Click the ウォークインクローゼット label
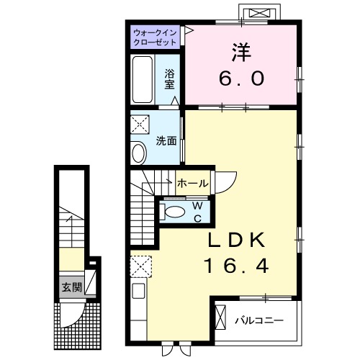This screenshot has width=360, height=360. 155,37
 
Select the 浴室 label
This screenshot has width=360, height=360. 170,78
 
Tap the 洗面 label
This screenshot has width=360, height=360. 166,141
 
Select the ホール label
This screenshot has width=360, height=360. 192,183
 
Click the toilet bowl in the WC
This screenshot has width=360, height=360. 174,211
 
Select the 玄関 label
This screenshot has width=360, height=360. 70,287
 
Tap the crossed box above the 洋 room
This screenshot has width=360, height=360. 259,12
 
